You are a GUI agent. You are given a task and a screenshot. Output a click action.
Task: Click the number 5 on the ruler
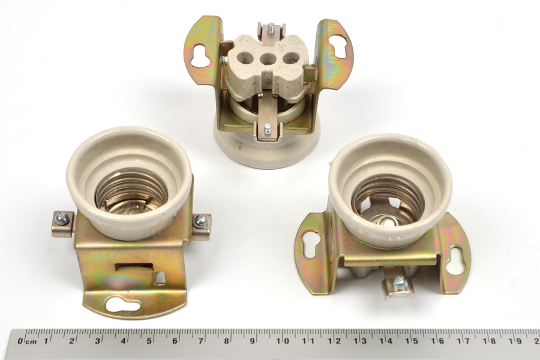[149, 341]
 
